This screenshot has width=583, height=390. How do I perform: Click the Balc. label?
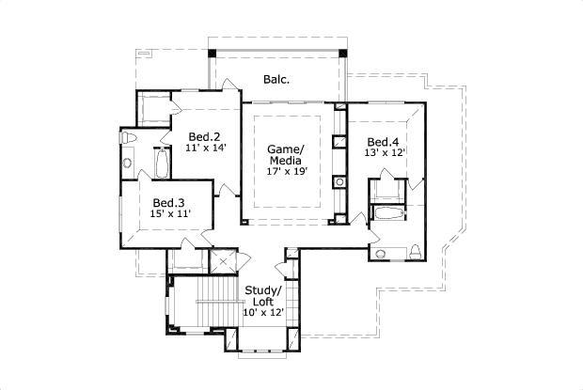tap(276, 80)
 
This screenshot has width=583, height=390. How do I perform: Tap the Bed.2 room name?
tap(203, 135)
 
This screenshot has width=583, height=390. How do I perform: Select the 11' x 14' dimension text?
tap(206, 148)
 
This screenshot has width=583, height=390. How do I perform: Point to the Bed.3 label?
tap(167, 202)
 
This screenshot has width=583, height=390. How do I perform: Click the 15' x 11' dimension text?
tap(170, 214)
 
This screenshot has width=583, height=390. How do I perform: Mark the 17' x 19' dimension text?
tap(288, 170)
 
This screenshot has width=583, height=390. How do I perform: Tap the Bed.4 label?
tap(383, 142)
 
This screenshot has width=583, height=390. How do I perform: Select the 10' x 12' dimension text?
tap(263, 312)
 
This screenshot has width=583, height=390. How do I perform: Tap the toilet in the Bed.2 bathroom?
tap(130, 139)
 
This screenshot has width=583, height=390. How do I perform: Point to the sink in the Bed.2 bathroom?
tap(128, 164)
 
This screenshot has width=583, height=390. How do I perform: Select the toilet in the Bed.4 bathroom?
tap(414, 250)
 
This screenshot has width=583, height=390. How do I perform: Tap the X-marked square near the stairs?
tap(223, 263)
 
